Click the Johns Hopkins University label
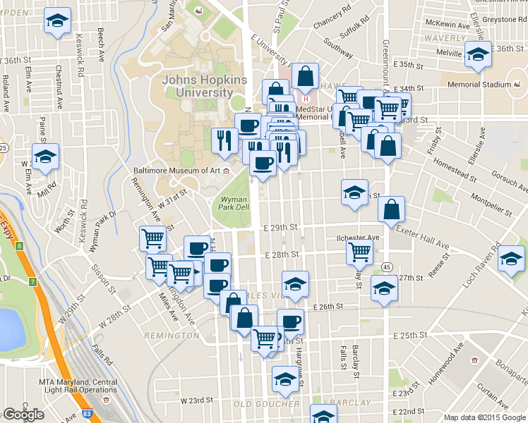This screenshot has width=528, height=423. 205,86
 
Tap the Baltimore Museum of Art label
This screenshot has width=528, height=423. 176,170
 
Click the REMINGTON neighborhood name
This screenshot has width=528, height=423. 172,336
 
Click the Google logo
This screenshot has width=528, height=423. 23,415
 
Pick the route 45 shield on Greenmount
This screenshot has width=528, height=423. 388,267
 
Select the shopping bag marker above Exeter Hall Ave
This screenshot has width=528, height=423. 391,209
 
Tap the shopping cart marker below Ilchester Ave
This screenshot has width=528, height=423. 360,250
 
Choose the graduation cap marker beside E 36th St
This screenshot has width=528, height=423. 479,54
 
